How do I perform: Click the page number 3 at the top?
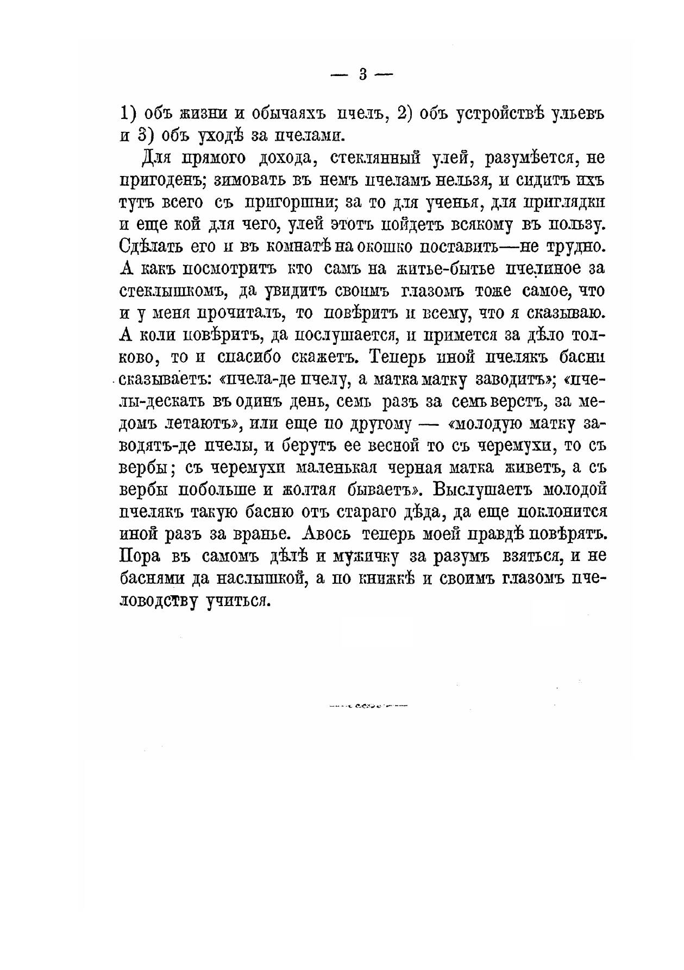pos(363,75)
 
